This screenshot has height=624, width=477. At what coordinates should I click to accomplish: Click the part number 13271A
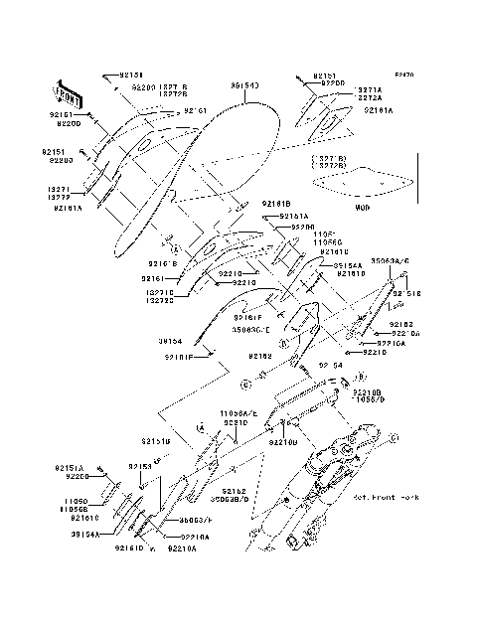369,88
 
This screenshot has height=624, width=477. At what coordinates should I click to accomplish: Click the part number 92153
139,465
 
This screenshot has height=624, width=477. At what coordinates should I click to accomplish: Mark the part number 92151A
70,467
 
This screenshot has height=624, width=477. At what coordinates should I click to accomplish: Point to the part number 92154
329,366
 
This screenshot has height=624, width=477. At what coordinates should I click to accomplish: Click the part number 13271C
159,292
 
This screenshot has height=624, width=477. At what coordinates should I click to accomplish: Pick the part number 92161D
128,547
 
